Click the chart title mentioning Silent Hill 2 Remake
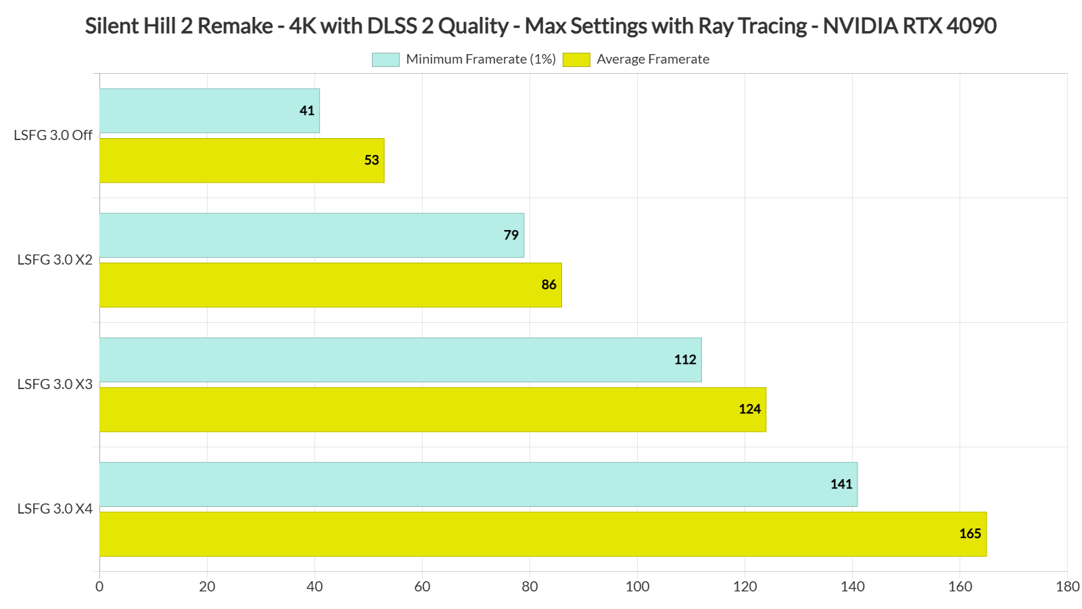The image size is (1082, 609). coord(540,26)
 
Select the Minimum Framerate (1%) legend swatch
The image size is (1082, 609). coord(385,60)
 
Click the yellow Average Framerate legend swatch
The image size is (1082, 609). coord(576,60)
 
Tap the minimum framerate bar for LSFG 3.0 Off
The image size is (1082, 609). coord(209,110)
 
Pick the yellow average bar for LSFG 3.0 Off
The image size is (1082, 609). coord(241,160)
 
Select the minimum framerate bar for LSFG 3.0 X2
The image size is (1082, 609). coord(311,235)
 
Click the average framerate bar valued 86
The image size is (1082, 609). coord(330,285)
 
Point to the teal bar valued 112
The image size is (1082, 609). coord(400,359)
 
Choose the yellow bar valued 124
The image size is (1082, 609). coord(433,409)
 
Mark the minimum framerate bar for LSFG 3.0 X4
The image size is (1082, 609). coord(478,484)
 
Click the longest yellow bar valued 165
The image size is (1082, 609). coord(542,534)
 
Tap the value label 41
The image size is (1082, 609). coord(307,110)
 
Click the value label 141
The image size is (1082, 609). coord(841,484)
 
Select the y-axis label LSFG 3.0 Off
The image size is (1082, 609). coord(53,135)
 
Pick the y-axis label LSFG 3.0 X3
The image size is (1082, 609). coord(55,384)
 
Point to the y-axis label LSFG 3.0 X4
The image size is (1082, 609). coord(55,509)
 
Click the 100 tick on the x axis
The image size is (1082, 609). coord(637,587)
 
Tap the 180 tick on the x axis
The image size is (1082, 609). coord(1067,587)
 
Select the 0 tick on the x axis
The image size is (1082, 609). coord(99,587)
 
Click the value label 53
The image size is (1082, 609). coord(371,160)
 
